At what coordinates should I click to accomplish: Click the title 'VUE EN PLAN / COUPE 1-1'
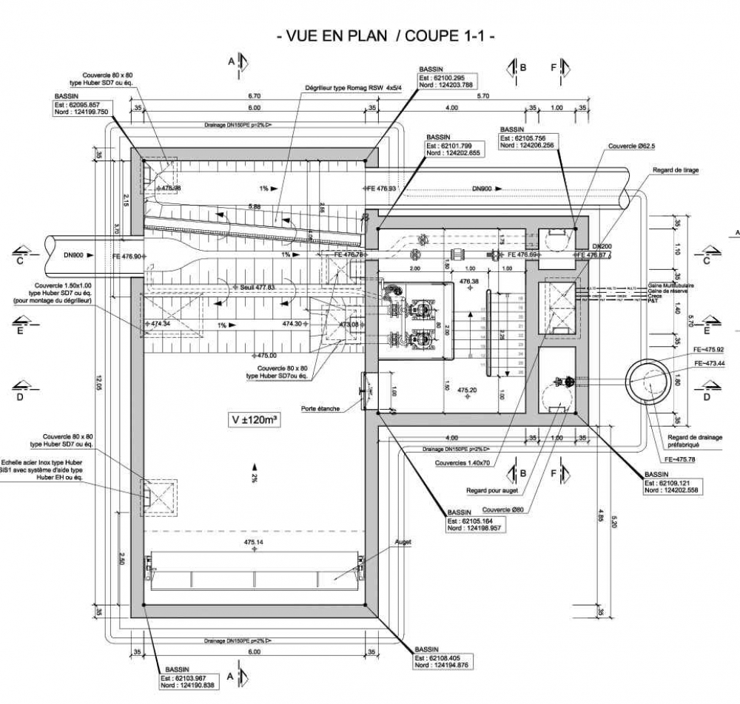pyautogui.click(x=385, y=35)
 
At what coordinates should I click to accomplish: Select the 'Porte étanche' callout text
pyautogui.click(x=320, y=408)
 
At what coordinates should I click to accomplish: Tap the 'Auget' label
pyautogui.click(x=403, y=542)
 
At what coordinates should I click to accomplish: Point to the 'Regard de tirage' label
pyautogui.click(x=675, y=170)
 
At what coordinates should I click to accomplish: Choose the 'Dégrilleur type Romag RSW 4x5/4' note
pyautogui.click(x=353, y=89)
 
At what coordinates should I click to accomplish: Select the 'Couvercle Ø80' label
pyautogui.click(x=502, y=509)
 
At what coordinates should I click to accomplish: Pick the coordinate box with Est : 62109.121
pyautogui.click(x=672, y=486)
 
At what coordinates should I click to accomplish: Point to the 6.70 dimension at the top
pyautogui.click(x=255, y=96)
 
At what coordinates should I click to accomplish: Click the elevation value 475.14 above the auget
pyautogui.click(x=255, y=543)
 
